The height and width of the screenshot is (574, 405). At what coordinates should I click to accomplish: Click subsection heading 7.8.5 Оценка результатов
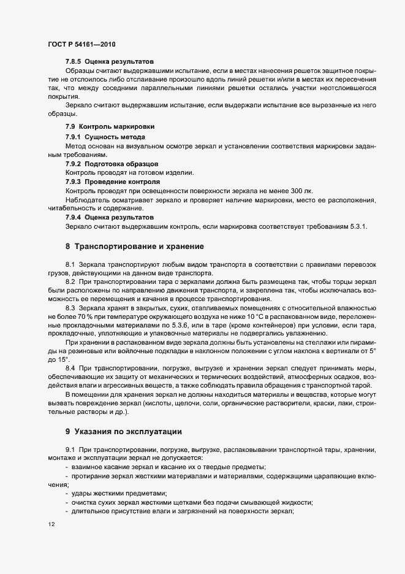pyautogui.click(x=109, y=61)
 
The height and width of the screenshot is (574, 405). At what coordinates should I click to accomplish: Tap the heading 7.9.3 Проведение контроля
pyautogui.click(x=112, y=182)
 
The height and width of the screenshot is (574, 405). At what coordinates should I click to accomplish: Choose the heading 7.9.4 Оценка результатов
pyautogui.click(x=109, y=218)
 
